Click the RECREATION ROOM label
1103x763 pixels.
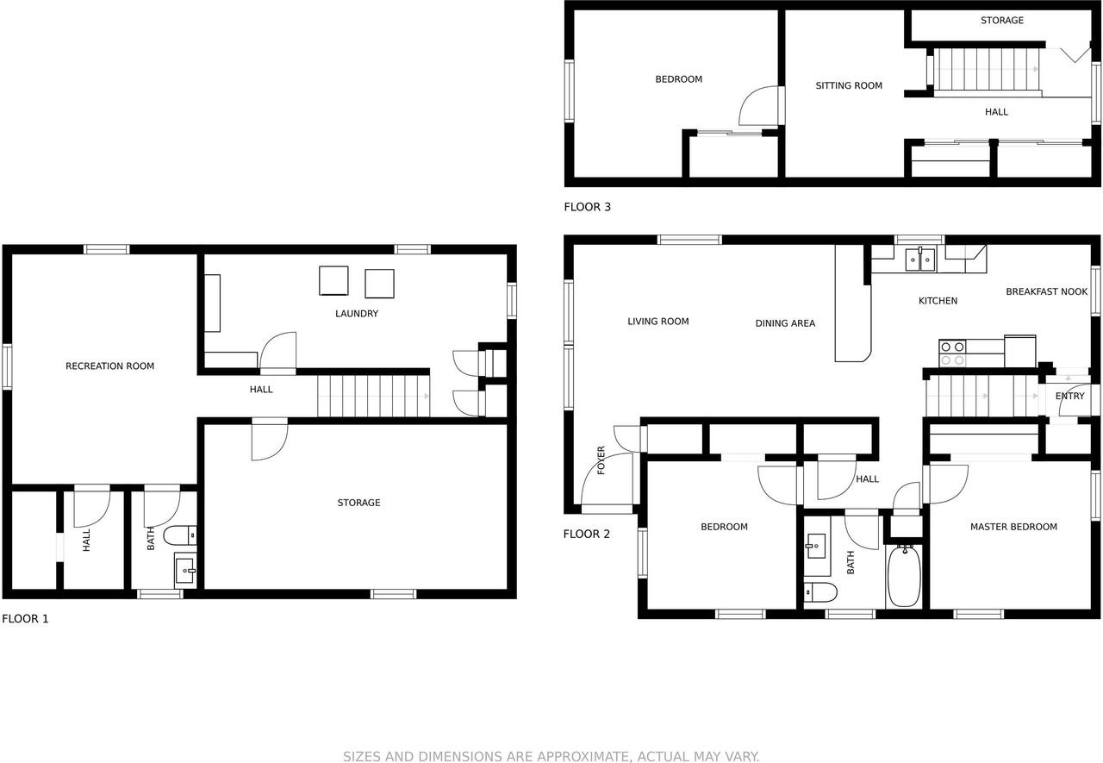click(x=109, y=366)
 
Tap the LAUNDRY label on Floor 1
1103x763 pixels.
click(x=357, y=314)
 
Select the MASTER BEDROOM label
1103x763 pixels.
click(x=1013, y=527)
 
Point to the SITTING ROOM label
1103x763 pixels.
click(x=849, y=85)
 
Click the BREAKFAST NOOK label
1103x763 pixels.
click(x=1047, y=291)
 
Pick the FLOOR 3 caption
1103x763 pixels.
click(x=587, y=207)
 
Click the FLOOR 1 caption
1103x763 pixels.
click(x=25, y=618)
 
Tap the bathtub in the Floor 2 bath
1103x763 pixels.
click(x=904, y=575)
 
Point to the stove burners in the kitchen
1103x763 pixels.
click(x=952, y=353)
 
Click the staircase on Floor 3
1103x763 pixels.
click(x=988, y=70)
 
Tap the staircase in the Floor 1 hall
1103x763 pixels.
click(x=373, y=395)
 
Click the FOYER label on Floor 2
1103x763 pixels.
click(x=601, y=460)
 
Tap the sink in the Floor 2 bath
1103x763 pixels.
click(x=815, y=546)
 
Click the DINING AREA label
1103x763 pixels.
click(x=785, y=323)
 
